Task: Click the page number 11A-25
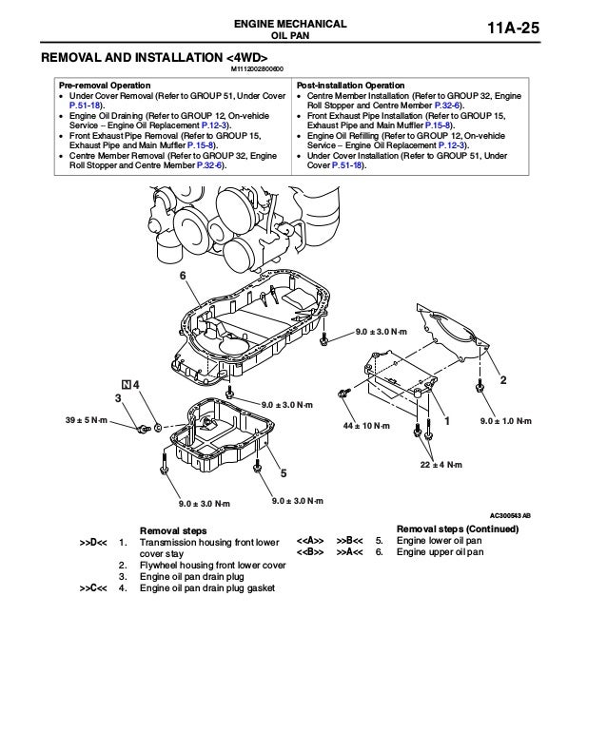538,31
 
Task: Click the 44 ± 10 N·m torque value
366,425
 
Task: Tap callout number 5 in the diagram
283,472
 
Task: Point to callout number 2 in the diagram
503,380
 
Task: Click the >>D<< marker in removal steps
92,542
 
